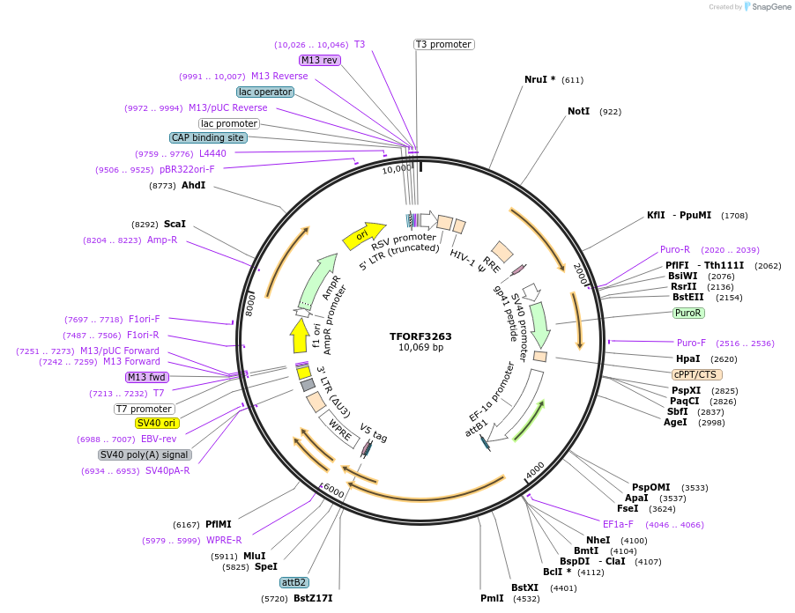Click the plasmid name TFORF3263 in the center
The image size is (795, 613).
[420, 336]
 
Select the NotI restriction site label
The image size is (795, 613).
[578, 111]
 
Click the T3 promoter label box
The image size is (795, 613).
[443, 44]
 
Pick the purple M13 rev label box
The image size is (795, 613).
[319, 60]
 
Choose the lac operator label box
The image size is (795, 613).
[265, 92]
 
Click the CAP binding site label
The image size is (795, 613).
[208, 137]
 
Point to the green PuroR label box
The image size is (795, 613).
[687, 313]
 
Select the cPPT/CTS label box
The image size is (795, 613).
[695, 374]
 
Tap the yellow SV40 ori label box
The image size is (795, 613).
[157, 423]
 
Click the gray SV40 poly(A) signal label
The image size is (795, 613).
[145, 454]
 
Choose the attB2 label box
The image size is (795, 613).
[293, 582]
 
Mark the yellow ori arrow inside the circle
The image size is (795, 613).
[363, 234]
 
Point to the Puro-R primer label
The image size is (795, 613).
[675, 249]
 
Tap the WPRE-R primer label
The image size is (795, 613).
[224, 540]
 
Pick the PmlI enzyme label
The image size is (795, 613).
[493, 598]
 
